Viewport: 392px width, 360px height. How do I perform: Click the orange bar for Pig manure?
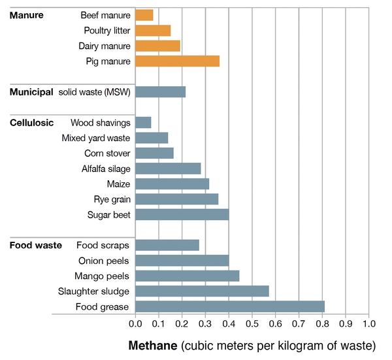pyautogui.click(x=177, y=61)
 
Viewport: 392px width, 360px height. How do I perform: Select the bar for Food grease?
pyautogui.click(x=229, y=306)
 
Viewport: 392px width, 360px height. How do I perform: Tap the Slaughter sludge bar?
pyautogui.click(x=202, y=291)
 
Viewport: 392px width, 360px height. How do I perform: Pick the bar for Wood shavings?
pyautogui.click(x=143, y=122)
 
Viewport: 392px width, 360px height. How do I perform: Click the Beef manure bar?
pyautogui.click(x=144, y=14)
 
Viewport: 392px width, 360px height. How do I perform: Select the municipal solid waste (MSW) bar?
pyautogui.click(x=160, y=92)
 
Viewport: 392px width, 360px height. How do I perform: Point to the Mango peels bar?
pyautogui.click(x=187, y=276)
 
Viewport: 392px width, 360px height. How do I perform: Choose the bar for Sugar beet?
pyautogui.click(x=182, y=214)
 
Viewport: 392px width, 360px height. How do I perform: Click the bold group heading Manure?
pyautogui.click(x=26, y=14)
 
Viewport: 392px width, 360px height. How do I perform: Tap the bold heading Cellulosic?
pyautogui.click(x=31, y=122)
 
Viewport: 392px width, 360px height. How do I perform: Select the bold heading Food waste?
pyautogui.click(x=35, y=245)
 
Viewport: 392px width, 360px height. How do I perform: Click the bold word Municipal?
pyautogui.click(x=31, y=92)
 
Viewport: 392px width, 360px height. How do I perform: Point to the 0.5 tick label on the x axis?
pyautogui.click(x=252, y=323)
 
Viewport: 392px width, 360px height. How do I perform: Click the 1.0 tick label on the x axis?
pyautogui.click(x=368, y=323)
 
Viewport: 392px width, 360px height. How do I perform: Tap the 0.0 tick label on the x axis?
pyautogui.click(x=135, y=323)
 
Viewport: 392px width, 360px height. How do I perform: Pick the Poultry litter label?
pyautogui.click(x=107, y=30)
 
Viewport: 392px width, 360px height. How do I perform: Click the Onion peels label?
pyautogui.click(x=104, y=260)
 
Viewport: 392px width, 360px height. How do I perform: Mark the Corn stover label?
pyautogui.click(x=107, y=153)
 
